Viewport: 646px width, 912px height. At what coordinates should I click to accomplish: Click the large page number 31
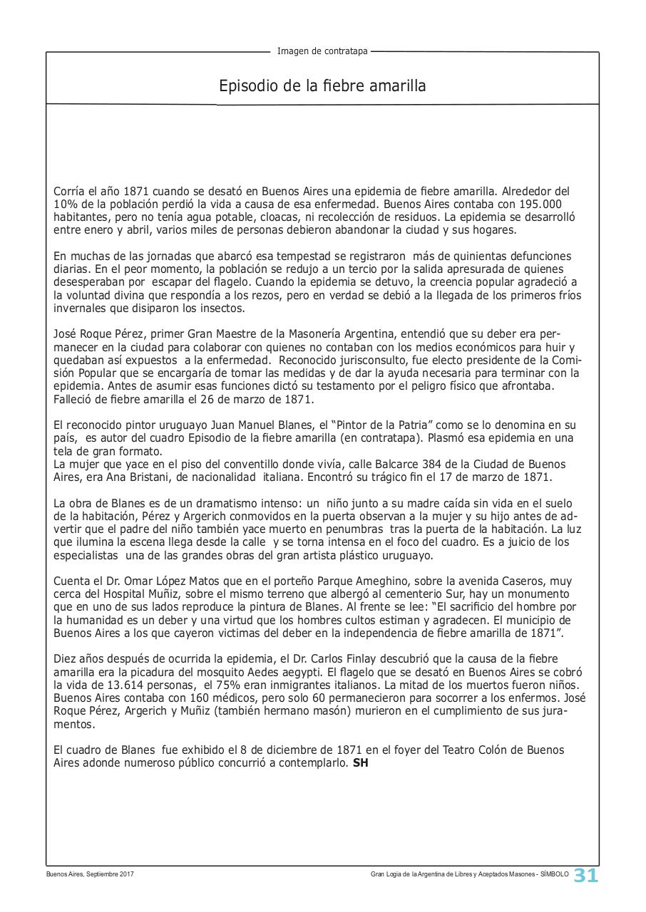(586, 876)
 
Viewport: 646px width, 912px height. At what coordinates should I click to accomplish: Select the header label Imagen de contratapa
(322, 51)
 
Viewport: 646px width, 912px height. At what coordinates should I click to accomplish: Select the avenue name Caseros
(526, 581)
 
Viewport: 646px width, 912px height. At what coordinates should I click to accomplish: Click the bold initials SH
(361, 763)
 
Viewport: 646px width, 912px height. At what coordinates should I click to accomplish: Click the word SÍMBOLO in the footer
(554, 874)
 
